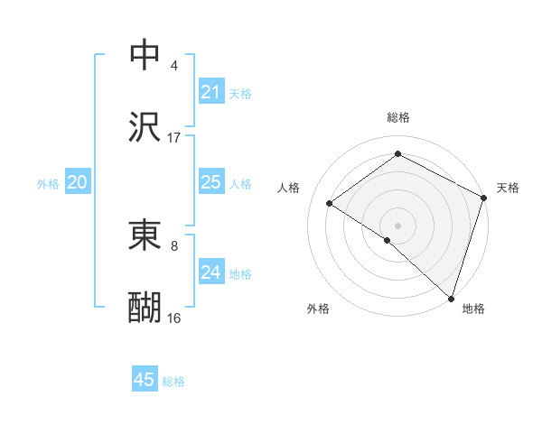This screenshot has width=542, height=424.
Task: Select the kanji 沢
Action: (x=145, y=126)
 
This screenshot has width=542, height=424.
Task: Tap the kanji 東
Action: (x=145, y=236)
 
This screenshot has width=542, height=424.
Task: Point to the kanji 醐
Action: (x=145, y=307)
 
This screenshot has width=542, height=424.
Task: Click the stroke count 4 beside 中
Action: (x=174, y=66)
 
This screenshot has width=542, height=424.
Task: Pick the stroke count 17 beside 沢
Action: (x=174, y=137)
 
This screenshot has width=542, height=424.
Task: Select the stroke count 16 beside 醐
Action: (x=174, y=318)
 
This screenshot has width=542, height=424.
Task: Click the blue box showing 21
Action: (x=210, y=92)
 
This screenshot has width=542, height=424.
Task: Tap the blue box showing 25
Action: (x=210, y=182)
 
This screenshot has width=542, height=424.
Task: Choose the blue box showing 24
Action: (x=210, y=272)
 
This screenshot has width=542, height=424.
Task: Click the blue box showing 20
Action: (x=77, y=182)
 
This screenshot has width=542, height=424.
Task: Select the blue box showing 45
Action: (x=145, y=380)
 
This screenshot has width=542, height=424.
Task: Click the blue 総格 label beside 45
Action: (x=173, y=382)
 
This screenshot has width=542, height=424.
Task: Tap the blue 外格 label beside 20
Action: (x=48, y=184)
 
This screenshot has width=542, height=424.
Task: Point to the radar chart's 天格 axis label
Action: (x=508, y=188)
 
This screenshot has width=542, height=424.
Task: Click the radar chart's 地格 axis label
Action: (x=473, y=309)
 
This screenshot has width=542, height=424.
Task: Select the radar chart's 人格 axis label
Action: (x=288, y=188)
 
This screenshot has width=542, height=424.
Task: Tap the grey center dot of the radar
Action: (x=397, y=225)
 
